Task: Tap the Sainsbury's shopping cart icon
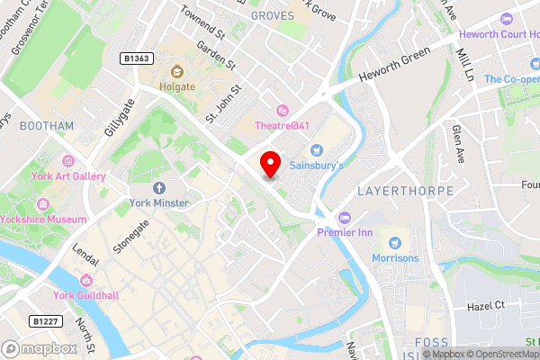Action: (316, 149)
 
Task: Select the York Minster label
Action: (158, 203)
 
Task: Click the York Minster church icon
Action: (159, 187)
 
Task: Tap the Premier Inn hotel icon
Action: (344, 217)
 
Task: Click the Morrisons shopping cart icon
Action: (394, 242)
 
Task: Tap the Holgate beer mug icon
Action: (176, 70)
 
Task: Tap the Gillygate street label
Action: (118, 116)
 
